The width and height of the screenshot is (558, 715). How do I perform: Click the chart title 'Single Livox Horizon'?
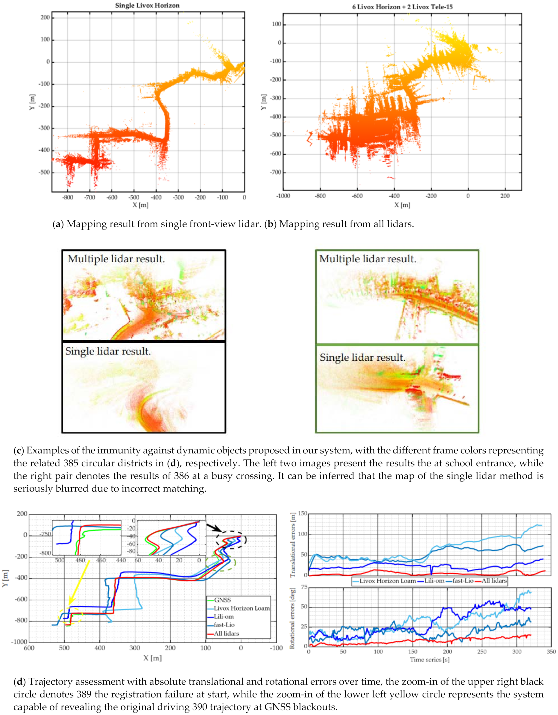tap(147, 6)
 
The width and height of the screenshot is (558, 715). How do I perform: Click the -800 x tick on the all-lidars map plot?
tap(320, 196)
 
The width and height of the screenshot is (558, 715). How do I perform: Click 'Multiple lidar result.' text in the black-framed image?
tap(116, 259)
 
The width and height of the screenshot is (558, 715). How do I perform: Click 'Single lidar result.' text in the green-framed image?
tap(362, 357)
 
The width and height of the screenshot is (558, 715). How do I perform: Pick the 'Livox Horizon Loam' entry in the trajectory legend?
tap(241, 608)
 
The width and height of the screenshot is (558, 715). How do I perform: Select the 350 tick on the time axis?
tap(551, 652)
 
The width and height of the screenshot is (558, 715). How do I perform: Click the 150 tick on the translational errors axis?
tap(303, 513)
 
